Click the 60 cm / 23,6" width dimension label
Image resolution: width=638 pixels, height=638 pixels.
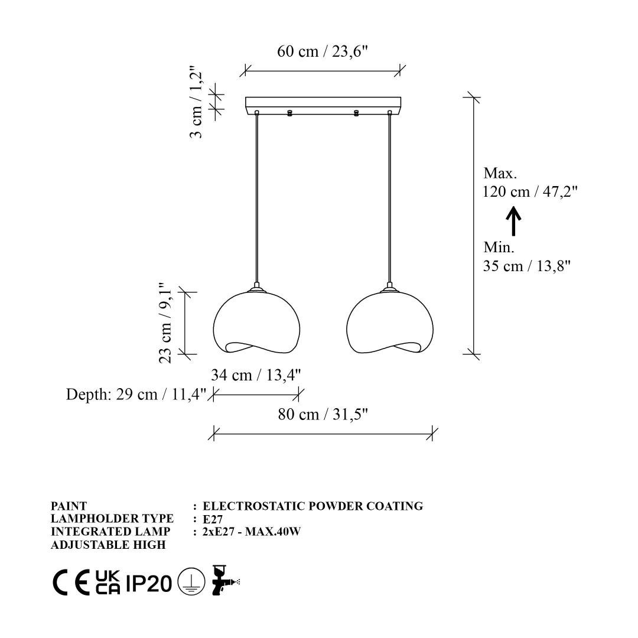click(x=323, y=51)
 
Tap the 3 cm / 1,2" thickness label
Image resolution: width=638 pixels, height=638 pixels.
click(x=196, y=103)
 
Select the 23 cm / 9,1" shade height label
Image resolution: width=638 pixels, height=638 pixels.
click(x=165, y=323)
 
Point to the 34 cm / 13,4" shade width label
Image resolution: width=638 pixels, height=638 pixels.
click(x=256, y=375)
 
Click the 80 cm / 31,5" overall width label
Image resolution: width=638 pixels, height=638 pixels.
click(x=323, y=415)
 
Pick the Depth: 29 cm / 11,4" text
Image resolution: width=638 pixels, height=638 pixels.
click(x=136, y=394)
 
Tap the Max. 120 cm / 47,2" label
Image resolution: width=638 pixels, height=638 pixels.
click(x=530, y=183)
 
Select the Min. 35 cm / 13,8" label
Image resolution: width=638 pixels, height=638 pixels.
click(x=526, y=256)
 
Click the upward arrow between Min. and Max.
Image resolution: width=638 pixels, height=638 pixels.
click(x=513, y=221)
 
